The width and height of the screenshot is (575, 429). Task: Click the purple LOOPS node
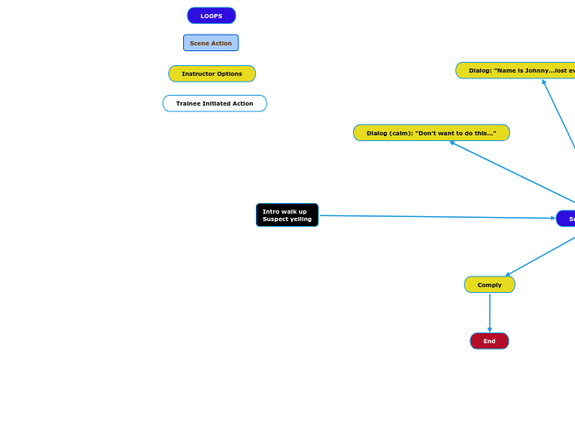click(x=211, y=16)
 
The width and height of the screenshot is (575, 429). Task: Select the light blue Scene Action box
click(x=210, y=43)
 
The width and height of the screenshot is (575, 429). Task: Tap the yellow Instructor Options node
click(x=212, y=73)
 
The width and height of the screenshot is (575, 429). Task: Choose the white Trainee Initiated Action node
click(x=214, y=103)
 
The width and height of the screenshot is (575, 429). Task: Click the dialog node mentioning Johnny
click(x=516, y=70)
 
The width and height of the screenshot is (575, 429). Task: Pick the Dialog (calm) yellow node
click(x=431, y=133)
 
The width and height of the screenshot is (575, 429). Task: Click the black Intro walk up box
click(x=287, y=215)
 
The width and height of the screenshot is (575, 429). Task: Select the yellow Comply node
click(x=489, y=285)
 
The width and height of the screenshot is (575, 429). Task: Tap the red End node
click(x=489, y=341)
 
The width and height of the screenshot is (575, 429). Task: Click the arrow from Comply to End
click(x=489, y=313)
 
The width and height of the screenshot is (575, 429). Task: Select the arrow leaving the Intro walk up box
click(x=437, y=217)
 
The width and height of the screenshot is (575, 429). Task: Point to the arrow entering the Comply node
click(x=540, y=256)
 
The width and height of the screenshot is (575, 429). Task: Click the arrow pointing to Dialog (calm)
click(x=511, y=172)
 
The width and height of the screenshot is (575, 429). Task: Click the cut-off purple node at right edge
click(x=567, y=219)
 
